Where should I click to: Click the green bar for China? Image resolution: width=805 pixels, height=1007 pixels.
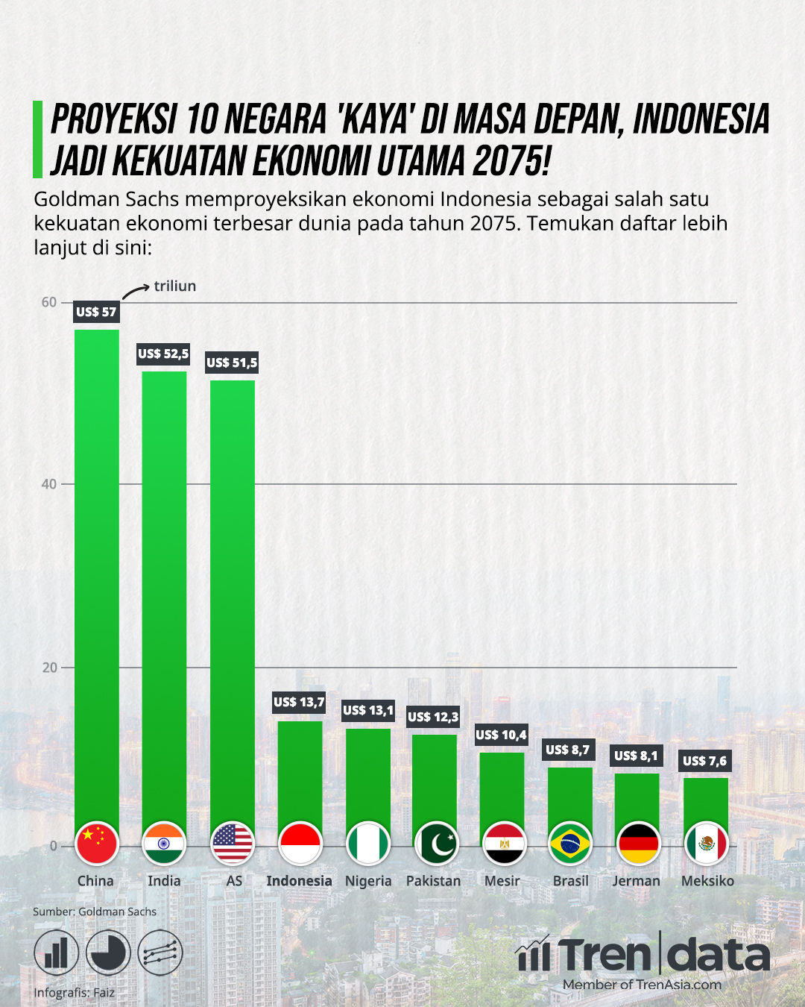click(x=97, y=574)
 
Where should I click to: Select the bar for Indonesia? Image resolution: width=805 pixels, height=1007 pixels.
click(x=300, y=772)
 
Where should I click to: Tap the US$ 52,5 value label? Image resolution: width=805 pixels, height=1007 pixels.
click(x=163, y=354)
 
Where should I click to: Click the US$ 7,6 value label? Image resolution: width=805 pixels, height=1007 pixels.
click(x=705, y=761)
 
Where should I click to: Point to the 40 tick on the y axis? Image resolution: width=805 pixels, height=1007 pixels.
click(x=48, y=484)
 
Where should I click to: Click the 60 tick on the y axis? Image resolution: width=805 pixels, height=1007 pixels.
click(x=48, y=302)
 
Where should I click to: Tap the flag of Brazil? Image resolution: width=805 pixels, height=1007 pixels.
click(x=570, y=844)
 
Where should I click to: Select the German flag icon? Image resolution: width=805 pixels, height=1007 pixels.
click(x=638, y=844)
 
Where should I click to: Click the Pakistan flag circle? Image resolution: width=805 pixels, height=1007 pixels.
click(x=436, y=844)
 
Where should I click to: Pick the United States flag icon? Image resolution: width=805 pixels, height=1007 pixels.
click(x=233, y=844)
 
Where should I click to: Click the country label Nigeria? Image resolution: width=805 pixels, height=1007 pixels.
click(x=368, y=881)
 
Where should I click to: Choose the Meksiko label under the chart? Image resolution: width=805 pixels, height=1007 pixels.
click(x=707, y=881)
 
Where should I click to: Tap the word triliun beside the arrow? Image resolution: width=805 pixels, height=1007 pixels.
click(x=175, y=286)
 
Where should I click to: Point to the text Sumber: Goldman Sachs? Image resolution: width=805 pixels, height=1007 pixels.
click(x=95, y=912)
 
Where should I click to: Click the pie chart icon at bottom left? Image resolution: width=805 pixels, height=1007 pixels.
click(x=108, y=953)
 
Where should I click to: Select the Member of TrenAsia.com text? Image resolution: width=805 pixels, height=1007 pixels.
click(x=642, y=985)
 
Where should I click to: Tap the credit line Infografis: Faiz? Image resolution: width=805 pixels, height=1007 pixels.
click(x=75, y=993)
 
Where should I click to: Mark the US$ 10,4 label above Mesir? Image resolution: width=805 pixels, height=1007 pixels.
click(x=501, y=735)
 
